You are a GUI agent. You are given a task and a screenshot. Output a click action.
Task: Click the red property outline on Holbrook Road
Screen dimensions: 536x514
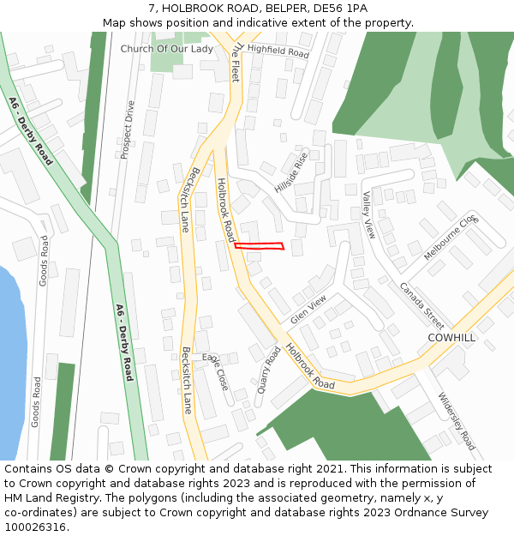259,247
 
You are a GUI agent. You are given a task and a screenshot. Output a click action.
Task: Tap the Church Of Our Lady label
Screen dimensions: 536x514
166,49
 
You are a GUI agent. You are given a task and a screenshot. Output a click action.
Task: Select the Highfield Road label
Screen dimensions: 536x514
278,51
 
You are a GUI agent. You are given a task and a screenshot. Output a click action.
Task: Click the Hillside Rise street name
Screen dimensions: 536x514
291,172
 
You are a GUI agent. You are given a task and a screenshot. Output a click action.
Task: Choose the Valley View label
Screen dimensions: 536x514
369,214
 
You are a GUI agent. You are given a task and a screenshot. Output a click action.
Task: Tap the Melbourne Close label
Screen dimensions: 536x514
451,238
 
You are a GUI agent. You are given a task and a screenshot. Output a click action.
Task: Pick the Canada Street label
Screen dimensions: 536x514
421,305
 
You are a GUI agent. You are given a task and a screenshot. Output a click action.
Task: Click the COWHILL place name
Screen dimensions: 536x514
451,338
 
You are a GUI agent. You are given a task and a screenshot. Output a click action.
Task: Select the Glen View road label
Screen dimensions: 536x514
308,310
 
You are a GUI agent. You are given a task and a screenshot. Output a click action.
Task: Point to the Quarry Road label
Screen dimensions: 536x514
272,367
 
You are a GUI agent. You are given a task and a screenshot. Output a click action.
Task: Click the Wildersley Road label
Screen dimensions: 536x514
456,421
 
